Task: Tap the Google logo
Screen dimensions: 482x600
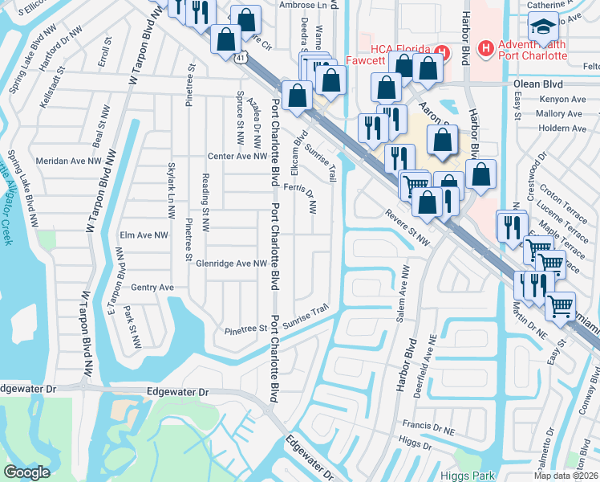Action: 26,472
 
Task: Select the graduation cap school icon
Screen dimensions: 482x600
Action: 545,27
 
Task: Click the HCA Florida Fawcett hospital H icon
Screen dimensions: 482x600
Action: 439,52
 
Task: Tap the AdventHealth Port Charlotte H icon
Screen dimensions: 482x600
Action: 484,49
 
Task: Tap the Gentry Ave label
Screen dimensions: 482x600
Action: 152,287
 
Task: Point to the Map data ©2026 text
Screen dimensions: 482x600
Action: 566,476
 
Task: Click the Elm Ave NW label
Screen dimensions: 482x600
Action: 144,235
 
